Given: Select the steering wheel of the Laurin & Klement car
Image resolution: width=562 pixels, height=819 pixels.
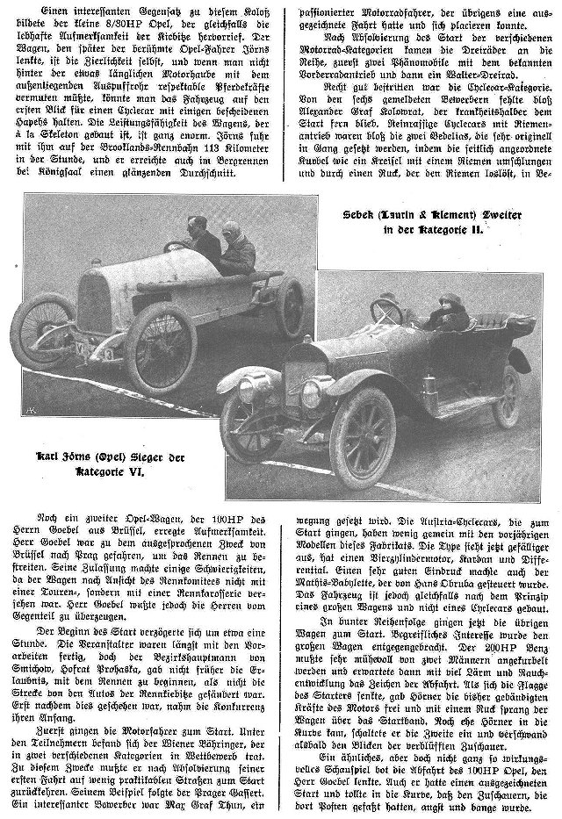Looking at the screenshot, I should click(387, 310).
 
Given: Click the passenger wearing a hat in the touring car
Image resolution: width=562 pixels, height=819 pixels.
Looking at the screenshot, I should click(449, 313).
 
